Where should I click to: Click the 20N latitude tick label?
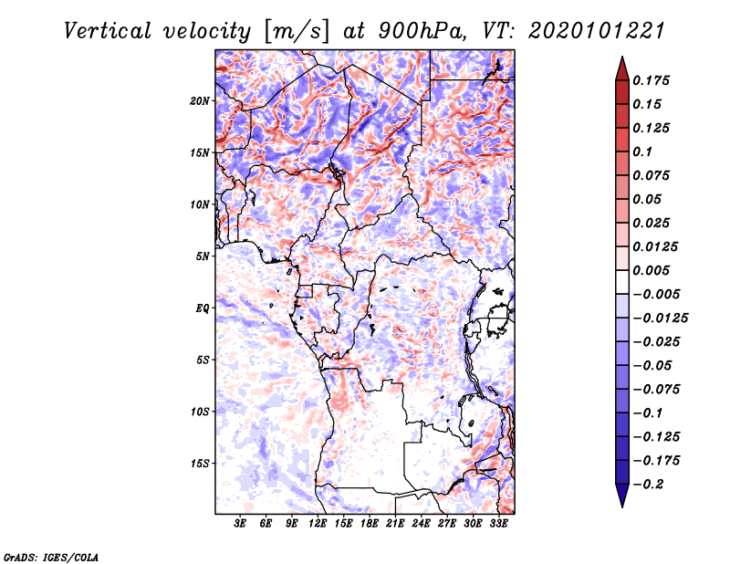[200, 100]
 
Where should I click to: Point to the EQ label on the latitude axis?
[203, 308]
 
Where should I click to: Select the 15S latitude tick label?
[200, 463]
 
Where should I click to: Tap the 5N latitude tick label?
[203, 256]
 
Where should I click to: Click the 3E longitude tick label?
[241, 524]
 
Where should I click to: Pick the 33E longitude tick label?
[498, 524]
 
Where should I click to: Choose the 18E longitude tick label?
[369, 524]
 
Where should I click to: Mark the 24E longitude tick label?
[421, 524]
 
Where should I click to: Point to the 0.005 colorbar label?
[652, 270]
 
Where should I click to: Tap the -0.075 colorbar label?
[658, 389]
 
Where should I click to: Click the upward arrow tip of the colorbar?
[620, 59]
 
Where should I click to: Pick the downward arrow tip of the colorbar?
[620, 505]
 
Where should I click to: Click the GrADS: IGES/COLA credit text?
[50, 556]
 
